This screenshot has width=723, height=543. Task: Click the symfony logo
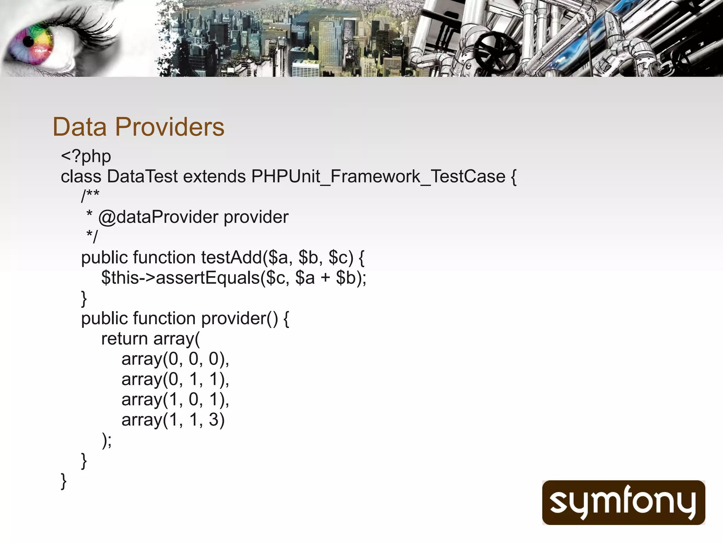623,502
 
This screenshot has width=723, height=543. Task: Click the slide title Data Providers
138,127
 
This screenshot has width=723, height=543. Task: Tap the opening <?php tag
86,157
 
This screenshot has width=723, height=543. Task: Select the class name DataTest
142,176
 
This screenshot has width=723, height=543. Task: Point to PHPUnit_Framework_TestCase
378,176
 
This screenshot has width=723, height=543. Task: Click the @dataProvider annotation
158,217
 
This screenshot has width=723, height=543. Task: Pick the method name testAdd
232,257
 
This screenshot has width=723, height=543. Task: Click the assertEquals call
208,278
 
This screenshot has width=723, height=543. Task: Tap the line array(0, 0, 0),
175,359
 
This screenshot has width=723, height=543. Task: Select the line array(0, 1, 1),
175,379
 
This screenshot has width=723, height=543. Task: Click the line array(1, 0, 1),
175,399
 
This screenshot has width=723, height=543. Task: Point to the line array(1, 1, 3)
173,420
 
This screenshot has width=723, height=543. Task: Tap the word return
124,339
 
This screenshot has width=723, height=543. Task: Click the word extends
214,176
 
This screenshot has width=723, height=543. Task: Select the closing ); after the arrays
107,440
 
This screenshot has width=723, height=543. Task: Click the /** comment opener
90,195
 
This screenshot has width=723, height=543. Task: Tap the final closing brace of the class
64,481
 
